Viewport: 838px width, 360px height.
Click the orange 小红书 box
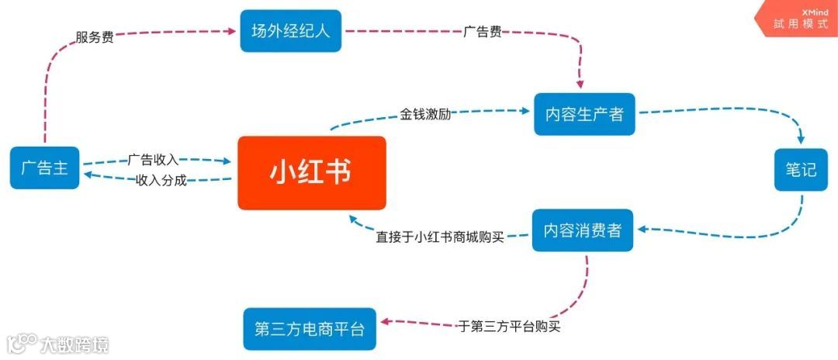pyautogui.click(x=311, y=172)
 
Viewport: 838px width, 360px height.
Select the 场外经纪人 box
pyautogui.click(x=290, y=32)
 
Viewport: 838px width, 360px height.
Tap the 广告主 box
pyautogui.click(x=44, y=168)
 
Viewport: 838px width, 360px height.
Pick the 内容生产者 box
pyautogui.click(x=583, y=114)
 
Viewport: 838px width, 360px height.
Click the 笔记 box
pyautogui.click(x=800, y=169)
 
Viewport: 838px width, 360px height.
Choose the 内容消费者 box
pyautogui.click(x=582, y=230)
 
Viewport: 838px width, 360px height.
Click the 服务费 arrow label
pyautogui.click(x=95, y=36)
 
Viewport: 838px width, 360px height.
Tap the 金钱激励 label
pyautogui.click(x=425, y=113)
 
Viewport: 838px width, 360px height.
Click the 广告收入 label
pyautogui.click(x=153, y=160)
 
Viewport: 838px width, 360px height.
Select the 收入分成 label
pyautogui.click(x=161, y=180)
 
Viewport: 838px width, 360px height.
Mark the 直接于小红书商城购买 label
pyautogui.click(x=440, y=237)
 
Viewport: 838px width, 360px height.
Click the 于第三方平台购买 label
pyautogui.click(x=509, y=327)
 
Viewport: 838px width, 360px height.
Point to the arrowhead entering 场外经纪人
pyautogui.click(x=232, y=31)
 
